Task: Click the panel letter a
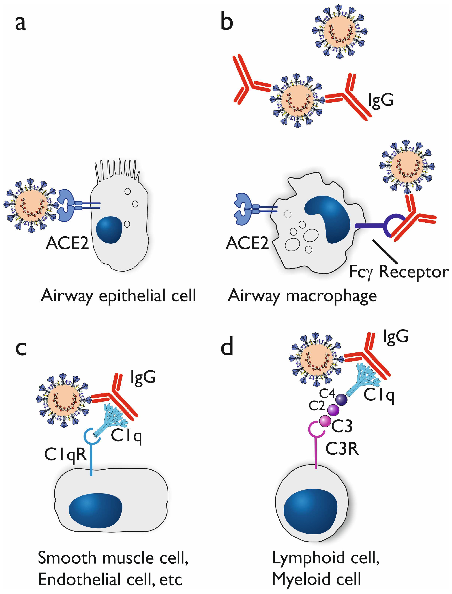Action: [x=21, y=23]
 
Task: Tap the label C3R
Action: [x=342, y=449]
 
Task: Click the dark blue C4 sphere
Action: [x=341, y=399]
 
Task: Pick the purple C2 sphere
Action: [x=333, y=410]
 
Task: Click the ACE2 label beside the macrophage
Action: [x=247, y=243]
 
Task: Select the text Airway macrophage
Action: [x=302, y=296]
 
